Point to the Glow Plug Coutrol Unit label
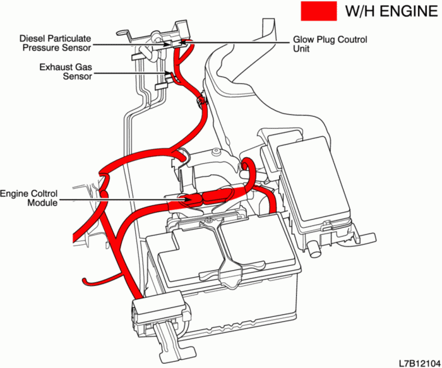click(x=330, y=44)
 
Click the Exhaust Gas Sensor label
click(x=64, y=71)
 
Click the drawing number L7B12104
click(x=419, y=362)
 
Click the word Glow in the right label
click(x=303, y=39)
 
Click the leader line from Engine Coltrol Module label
click(x=120, y=200)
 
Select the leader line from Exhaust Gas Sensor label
click(x=129, y=75)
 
